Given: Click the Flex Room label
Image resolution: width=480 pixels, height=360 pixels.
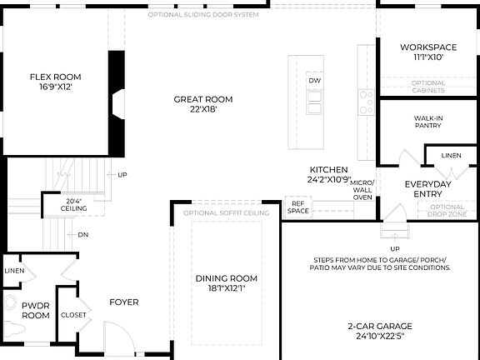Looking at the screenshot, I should point(55,81).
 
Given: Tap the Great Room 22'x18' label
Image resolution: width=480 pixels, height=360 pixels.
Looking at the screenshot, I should point(202,103).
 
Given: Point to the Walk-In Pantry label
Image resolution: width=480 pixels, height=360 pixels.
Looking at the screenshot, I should point(427,122).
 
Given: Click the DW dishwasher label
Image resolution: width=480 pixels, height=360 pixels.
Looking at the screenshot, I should point(314,80).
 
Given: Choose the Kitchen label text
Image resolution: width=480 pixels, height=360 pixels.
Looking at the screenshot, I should point(328,173).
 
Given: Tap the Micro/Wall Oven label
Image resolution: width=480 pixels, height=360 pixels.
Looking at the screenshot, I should point(362,189).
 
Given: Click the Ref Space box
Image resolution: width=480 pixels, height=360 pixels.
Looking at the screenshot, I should point(298,207).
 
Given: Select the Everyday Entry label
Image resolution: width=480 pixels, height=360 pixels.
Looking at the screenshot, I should point(427,189).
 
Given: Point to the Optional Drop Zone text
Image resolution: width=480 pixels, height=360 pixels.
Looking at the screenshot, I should point(447,210).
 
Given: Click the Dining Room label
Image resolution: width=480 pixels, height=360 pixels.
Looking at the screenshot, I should point(227,282).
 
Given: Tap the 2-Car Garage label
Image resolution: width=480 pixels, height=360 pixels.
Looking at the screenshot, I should point(380,331).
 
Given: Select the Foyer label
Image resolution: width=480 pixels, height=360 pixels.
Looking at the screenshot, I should point(124,302).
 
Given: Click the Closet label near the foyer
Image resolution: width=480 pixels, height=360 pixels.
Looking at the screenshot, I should point(73,315).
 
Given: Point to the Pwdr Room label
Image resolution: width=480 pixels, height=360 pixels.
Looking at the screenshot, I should point(36,310).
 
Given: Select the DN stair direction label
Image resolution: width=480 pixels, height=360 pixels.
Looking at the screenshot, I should point(83,234).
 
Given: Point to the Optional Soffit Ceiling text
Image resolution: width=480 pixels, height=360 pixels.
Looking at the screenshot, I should point(226,213).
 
